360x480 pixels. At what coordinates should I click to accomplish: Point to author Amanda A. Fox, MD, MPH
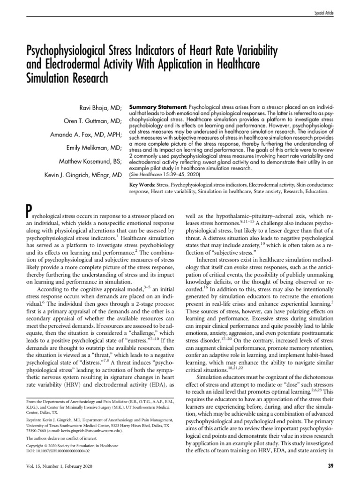pyautogui.click(x=86, y=135)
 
